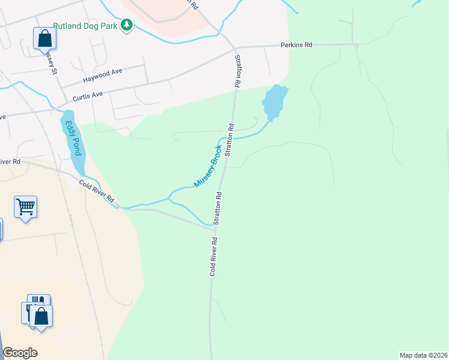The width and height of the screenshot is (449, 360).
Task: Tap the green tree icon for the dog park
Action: point(127,25)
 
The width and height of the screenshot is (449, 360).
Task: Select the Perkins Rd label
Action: point(297,45)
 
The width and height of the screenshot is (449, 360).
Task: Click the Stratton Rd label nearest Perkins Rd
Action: point(238,72)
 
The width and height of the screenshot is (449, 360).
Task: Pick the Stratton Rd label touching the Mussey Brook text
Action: point(229,140)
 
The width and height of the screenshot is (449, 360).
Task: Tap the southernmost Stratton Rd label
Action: point(218,208)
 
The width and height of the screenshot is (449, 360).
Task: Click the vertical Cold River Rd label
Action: point(212,256)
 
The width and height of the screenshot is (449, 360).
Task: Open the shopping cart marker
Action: point(26,207)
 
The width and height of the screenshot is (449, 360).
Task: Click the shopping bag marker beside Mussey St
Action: point(45,38)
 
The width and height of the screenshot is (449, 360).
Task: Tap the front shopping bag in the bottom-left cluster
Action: point(41,316)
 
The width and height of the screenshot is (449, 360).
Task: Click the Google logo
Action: point(20,353)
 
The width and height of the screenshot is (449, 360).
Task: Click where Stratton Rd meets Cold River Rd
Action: point(215,227)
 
